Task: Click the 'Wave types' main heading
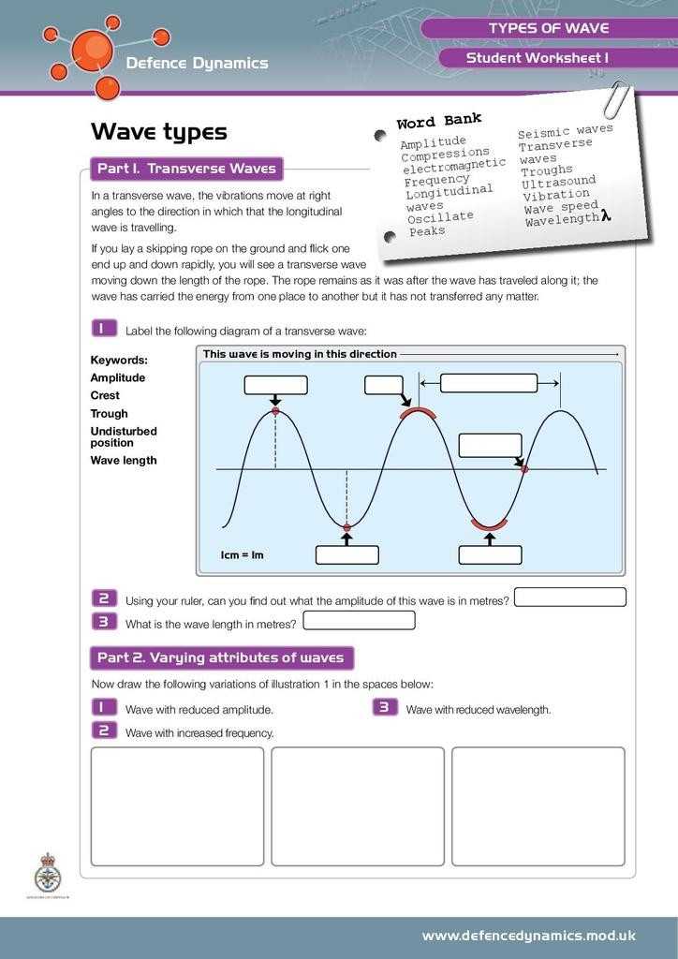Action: click(x=158, y=132)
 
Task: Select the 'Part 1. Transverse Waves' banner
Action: click(x=186, y=170)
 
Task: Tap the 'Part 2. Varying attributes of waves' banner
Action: click(x=220, y=657)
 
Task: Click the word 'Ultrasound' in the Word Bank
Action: click(x=558, y=182)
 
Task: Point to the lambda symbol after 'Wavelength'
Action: click(x=606, y=216)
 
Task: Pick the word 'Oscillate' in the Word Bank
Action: click(x=440, y=217)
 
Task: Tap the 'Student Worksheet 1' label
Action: click(x=538, y=58)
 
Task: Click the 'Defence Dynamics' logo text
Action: click(x=197, y=63)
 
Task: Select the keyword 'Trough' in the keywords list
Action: click(x=109, y=413)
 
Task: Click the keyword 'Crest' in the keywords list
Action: click(x=105, y=395)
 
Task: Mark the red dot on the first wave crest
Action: click(x=275, y=411)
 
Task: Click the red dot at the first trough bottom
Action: click(x=346, y=528)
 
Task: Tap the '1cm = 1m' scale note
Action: click(x=243, y=555)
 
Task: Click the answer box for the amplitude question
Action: click(x=570, y=598)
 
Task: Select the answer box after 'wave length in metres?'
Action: click(x=359, y=620)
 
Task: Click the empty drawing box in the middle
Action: click(x=358, y=806)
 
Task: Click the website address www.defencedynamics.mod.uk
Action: click(x=529, y=935)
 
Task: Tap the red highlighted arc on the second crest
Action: click(x=418, y=411)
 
